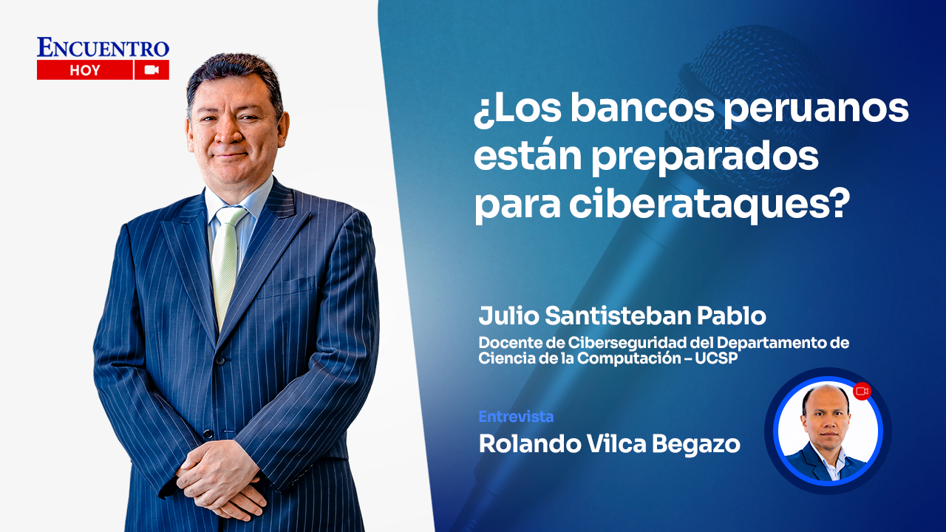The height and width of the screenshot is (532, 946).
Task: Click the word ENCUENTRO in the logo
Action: click(x=103, y=48)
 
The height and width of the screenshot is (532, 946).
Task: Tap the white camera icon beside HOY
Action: click(x=152, y=70)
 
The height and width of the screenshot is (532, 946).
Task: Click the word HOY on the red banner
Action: click(x=85, y=71)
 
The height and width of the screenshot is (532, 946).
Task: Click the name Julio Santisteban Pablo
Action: click(x=622, y=316)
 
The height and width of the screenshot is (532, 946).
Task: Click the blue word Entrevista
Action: click(x=516, y=417)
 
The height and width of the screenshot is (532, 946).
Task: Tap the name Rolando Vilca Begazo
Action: click(x=609, y=443)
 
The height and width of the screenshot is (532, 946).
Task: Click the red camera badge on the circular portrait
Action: click(x=862, y=392)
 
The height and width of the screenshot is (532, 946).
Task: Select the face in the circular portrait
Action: click(x=825, y=417)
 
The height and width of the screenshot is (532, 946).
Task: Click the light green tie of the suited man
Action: click(x=226, y=259)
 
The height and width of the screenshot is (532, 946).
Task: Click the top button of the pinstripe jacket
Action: click(x=220, y=360)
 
